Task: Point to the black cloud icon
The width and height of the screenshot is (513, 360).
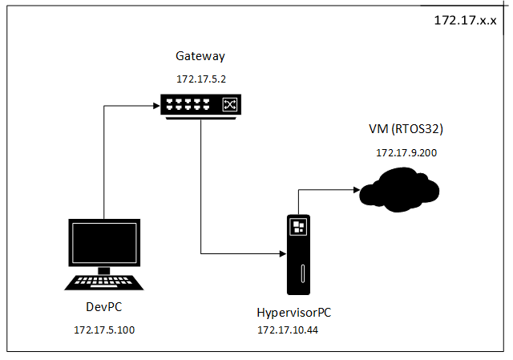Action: (x=398, y=190)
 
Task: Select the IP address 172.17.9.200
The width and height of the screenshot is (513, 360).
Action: (x=406, y=152)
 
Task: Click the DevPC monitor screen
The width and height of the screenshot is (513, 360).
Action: (x=104, y=244)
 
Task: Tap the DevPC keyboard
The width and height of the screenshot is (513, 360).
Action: (x=104, y=282)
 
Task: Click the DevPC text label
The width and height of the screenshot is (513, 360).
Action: (x=104, y=308)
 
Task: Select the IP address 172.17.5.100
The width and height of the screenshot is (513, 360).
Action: (x=104, y=330)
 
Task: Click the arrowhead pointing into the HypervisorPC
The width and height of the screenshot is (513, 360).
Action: (x=281, y=253)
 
